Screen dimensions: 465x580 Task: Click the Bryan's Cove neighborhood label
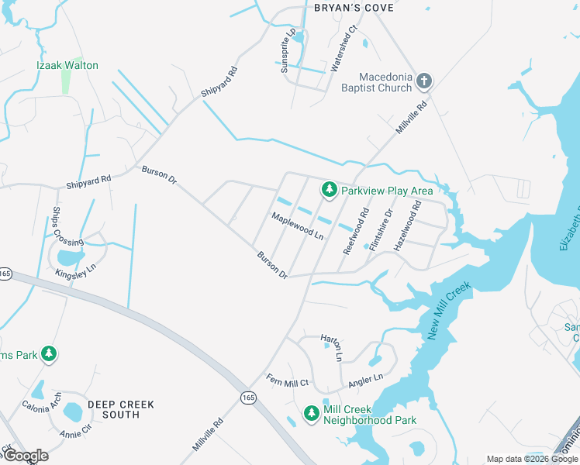coord(354,8)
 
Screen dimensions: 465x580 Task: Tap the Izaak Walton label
coord(69,66)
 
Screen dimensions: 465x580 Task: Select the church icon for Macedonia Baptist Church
coord(423,81)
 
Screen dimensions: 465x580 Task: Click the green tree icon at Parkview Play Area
coord(329,190)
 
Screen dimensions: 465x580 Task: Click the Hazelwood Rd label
coord(408,226)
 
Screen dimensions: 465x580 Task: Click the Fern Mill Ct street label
coord(288,381)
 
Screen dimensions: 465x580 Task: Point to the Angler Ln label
coord(367,379)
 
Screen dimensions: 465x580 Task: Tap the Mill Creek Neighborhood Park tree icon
coord(311,414)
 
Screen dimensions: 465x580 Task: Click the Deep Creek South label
coord(120,409)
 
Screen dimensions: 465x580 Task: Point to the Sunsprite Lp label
coord(288,51)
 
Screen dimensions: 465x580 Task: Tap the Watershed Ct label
coord(344,49)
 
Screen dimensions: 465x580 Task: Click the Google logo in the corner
coord(26,455)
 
